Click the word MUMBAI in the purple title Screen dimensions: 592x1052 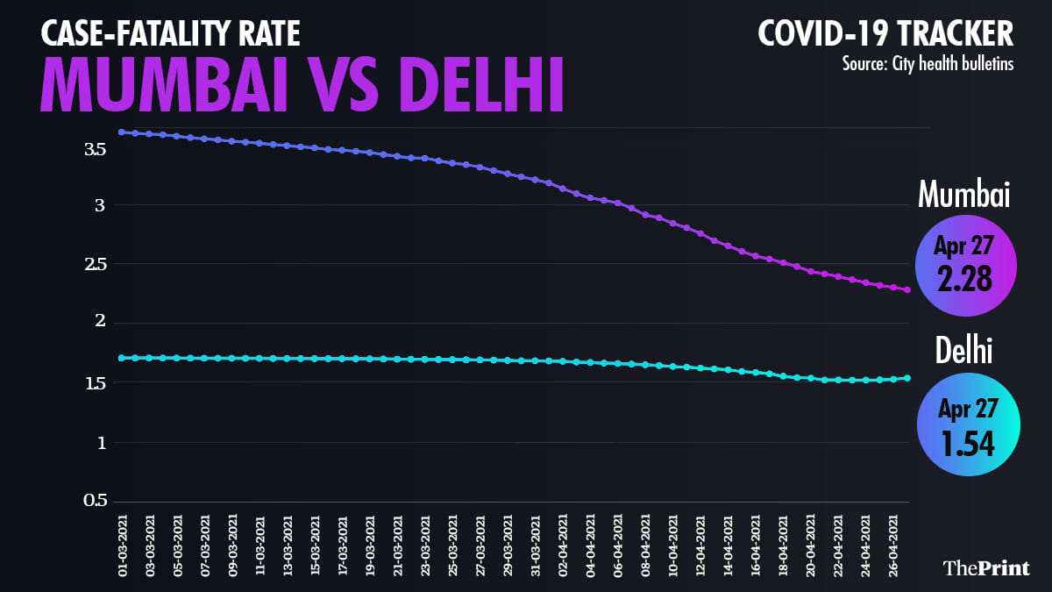pyautogui.click(x=163, y=86)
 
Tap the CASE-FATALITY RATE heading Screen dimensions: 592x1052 pyautogui.click(x=170, y=34)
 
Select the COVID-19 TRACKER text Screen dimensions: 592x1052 pyautogui.click(x=885, y=34)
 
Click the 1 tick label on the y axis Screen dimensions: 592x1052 pyautogui.click(x=102, y=443)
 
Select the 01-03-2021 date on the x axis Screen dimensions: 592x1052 pyautogui.click(x=122, y=545)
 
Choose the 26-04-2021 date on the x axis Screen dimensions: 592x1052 pyautogui.click(x=893, y=545)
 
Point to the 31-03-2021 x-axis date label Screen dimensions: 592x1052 pyautogui.click(x=535, y=545)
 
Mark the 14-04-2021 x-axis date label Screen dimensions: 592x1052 pyautogui.click(x=728, y=545)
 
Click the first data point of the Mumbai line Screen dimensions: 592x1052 pyautogui.click(x=122, y=132)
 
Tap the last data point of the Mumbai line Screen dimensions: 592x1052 pyautogui.click(x=907, y=289)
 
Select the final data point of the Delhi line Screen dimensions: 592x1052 pyautogui.click(x=907, y=378)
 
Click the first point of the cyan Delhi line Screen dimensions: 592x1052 pyautogui.click(x=122, y=358)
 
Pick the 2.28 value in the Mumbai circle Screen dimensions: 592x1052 pyautogui.click(x=964, y=279)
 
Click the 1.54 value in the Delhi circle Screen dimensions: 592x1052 pyautogui.click(x=969, y=443)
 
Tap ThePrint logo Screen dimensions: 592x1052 pyautogui.click(x=986, y=567)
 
